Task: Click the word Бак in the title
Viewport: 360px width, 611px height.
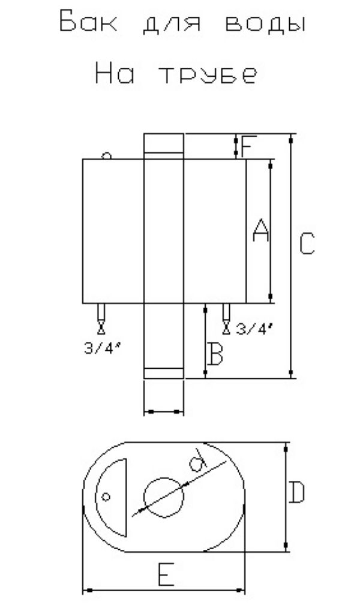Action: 88,22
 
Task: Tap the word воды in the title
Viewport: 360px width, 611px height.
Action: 265,23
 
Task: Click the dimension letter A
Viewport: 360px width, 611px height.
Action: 260,230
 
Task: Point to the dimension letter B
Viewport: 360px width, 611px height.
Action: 215,353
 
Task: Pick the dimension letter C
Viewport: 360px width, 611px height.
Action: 307,243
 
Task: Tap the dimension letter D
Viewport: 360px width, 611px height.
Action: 297,492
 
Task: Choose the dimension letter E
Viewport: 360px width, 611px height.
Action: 166,574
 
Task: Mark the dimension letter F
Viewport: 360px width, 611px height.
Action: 248,146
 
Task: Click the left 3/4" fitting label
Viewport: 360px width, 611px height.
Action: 101,348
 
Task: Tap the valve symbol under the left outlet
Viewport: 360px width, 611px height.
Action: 101,328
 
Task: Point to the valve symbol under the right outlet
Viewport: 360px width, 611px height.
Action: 226,328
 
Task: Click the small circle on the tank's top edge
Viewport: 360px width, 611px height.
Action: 106,156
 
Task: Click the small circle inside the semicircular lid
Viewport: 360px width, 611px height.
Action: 106,496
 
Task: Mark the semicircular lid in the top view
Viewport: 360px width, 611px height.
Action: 125,497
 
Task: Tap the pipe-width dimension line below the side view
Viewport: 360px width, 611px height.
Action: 164,411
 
